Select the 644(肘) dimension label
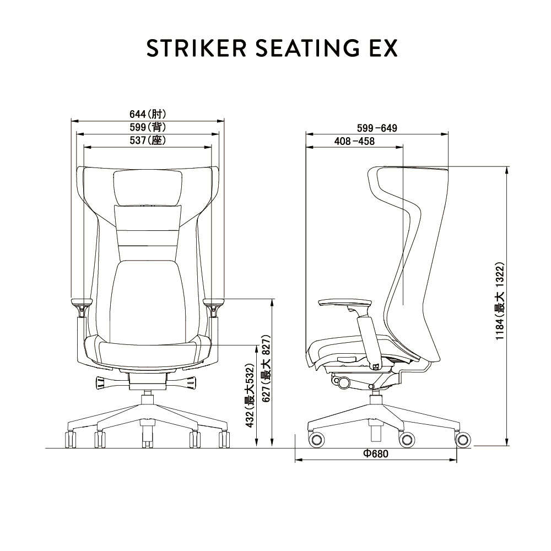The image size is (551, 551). (x=148, y=114)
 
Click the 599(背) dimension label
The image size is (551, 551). (x=148, y=127)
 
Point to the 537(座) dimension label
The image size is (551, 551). (x=148, y=141)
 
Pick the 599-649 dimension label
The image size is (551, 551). (x=377, y=128)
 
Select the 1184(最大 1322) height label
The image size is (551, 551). (x=500, y=301)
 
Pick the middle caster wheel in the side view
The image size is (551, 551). (x=407, y=439)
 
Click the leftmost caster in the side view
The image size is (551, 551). (x=316, y=439)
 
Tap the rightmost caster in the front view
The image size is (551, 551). (x=224, y=439)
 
